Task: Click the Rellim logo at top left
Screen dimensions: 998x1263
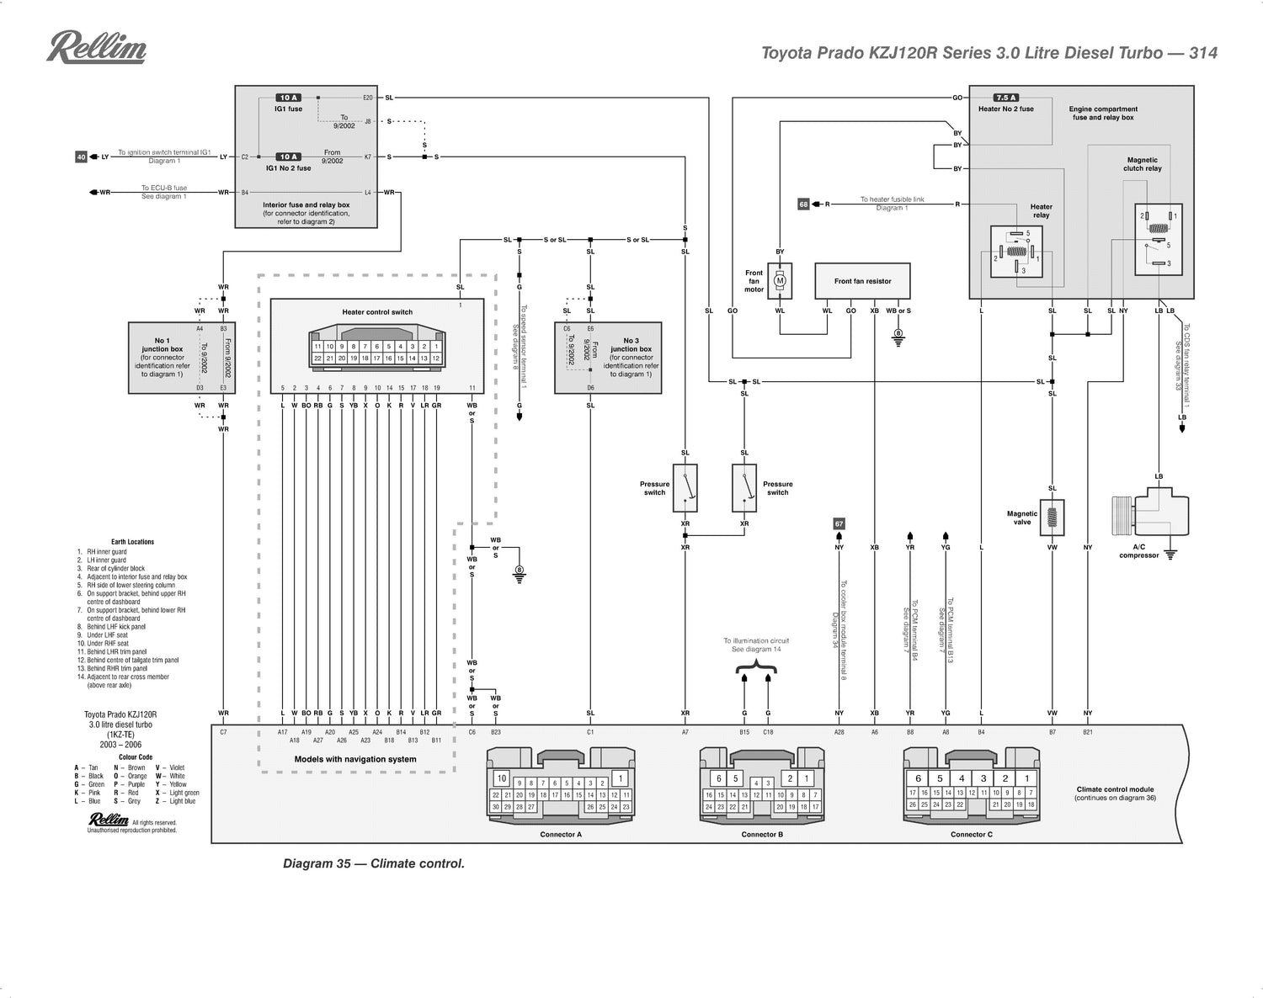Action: [x=96, y=48]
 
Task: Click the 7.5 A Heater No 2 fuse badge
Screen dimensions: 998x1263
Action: [x=1006, y=98]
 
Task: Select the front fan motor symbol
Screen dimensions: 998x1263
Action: [x=780, y=281]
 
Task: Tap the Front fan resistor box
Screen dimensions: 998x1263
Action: [x=862, y=281]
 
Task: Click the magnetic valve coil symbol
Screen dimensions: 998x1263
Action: [x=1052, y=517]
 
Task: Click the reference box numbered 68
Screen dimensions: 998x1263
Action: [x=803, y=204]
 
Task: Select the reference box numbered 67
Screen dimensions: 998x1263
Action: [x=839, y=523]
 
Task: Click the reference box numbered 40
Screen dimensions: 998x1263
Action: [x=81, y=157]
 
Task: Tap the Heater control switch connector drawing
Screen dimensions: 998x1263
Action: [x=377, y=347]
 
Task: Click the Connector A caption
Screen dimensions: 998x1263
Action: [x=561, y=835]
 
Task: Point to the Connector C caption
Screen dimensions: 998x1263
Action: [x=971, y=835]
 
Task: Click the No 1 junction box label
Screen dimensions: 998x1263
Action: [x=162, y=345]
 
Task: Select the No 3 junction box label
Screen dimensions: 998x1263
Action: [x=631, y=345]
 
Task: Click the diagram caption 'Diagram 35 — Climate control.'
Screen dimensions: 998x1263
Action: [x=373, y=863]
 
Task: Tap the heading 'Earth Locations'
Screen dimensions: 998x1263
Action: [x=132, y=542]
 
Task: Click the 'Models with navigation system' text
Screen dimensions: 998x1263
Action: [x=355, y=759]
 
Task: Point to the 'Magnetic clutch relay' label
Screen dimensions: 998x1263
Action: [x=1142, y=164]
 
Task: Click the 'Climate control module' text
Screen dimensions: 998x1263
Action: [x=1115, y=789]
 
